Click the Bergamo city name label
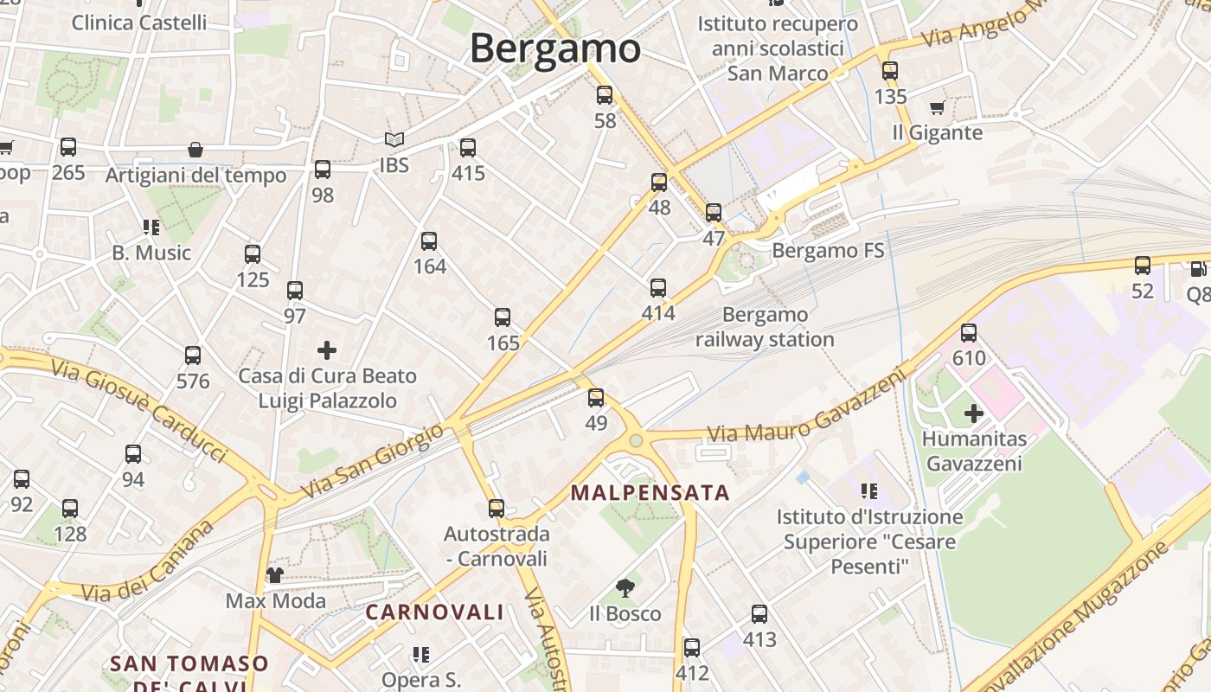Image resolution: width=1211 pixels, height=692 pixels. [x=554, y=48]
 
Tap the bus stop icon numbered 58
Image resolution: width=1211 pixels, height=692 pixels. [x=605, y=96]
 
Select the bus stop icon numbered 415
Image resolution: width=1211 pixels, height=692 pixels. [x=468, y=148]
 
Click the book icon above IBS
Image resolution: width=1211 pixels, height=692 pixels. [x=394, y=139]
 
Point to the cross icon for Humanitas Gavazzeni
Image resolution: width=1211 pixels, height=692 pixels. [x=974, y=413]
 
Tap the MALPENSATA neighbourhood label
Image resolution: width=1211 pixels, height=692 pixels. [x=650, y=493]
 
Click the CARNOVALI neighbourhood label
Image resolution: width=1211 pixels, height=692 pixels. [x=434, y=612]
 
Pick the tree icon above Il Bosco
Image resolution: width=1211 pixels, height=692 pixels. [x=625, y=589]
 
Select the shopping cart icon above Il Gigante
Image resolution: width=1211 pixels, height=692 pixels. [x=937, y=108]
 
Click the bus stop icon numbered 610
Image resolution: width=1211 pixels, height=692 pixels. [x=969, y=333]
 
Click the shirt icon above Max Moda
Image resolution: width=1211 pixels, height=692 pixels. [x=275, y=575]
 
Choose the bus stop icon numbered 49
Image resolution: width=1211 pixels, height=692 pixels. [x=596, y=398]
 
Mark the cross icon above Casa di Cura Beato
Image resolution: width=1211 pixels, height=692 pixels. [x=327, y=350]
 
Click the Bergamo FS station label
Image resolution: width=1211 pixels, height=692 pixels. [x=828, y=251]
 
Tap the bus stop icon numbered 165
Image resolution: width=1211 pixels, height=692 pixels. [x=503, y=317]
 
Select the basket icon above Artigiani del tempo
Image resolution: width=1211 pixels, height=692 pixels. [x=195, y=150]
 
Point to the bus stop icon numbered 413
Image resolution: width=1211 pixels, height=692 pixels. [x=759, y=614]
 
